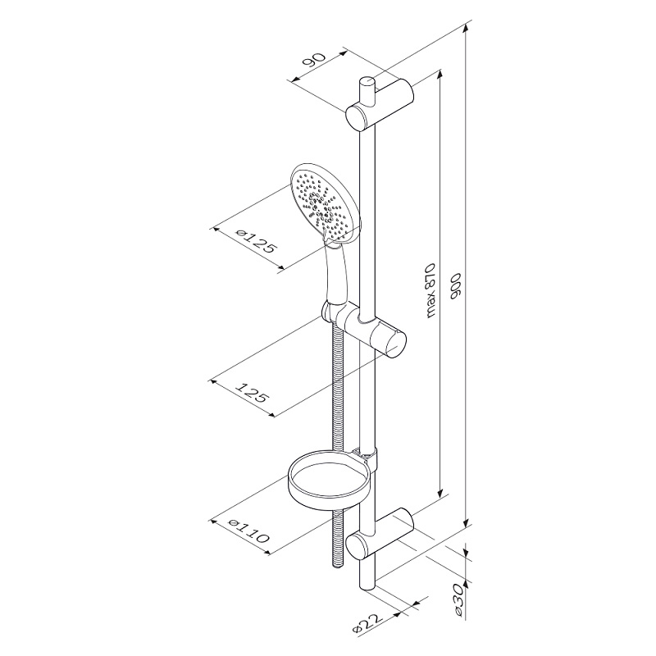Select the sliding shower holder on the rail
point(373,327)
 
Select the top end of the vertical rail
point(365,82)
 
